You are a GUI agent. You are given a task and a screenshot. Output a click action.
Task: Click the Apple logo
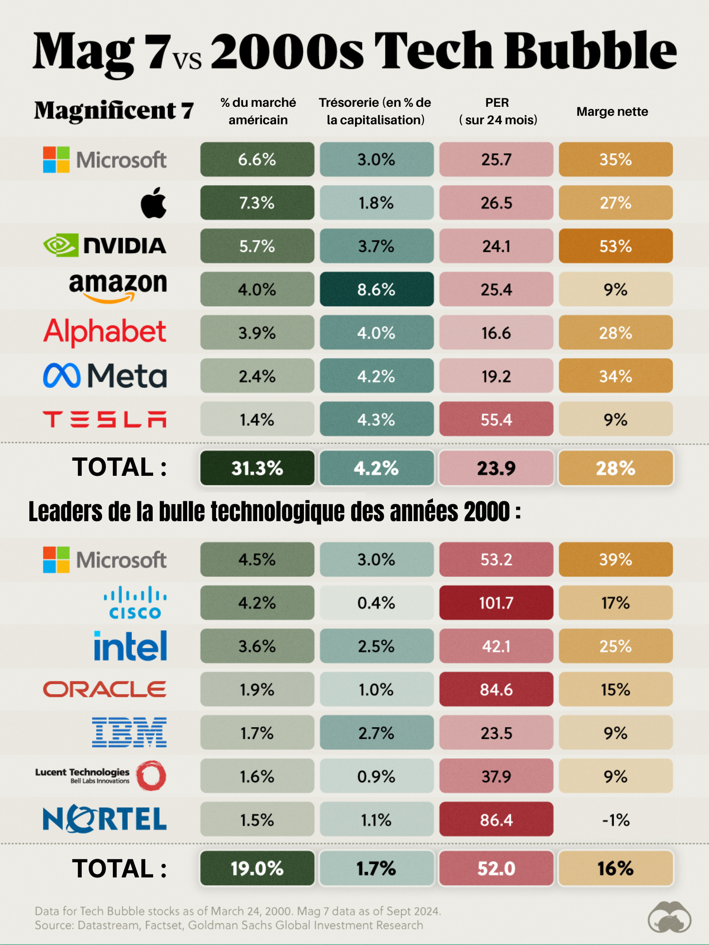point(154,203)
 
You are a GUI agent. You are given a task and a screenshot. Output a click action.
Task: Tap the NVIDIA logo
point(105,246)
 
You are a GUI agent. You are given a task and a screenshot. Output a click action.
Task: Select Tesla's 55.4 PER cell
point(496,419)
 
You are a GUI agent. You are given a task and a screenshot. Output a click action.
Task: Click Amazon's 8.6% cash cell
point(376,289)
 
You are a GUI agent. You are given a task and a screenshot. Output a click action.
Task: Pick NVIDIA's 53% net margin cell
point(615,246)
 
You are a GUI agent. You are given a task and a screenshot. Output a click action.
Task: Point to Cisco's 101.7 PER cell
point(496,602)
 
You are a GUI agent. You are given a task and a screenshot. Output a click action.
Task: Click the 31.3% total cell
point(257,468)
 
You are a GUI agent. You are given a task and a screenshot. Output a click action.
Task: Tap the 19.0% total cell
point(257,868)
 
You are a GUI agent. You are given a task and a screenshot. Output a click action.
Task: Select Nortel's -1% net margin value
point(615,820)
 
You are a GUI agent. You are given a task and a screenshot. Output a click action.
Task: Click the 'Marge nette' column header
point(612,112)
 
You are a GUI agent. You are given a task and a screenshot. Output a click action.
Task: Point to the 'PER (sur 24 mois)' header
point(498,111)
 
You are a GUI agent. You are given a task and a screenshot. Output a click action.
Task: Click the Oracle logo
point(105,689)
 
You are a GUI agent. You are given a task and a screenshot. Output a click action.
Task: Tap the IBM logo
point(129,732)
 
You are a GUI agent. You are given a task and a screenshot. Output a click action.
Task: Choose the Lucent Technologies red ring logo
point(151,775)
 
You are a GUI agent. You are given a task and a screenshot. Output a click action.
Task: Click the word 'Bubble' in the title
point(591,51)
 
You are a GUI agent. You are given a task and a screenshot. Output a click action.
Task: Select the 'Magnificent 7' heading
point(114,111)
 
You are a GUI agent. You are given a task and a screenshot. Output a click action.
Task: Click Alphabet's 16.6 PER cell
point(496,333)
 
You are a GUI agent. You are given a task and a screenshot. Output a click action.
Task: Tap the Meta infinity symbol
point(62,376)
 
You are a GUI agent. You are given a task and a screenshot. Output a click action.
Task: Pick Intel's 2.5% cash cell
point(376,646)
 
